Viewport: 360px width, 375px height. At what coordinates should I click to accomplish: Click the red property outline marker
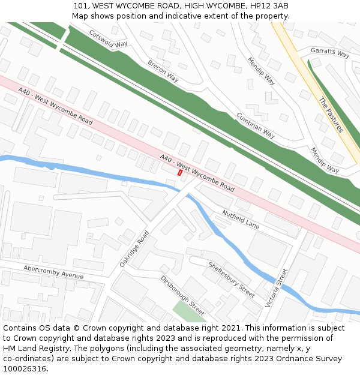(180, 173)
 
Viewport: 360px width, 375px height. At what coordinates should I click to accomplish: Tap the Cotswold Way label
(108, 39)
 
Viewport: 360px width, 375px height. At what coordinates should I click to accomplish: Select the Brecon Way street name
(163, 71)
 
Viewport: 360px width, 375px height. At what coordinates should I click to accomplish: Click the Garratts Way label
(329, 53)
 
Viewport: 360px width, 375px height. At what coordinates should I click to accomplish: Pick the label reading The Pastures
(331, 115)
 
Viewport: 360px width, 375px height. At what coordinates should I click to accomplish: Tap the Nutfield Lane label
(241, 219)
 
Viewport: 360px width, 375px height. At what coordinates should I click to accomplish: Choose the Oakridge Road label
(134, 248)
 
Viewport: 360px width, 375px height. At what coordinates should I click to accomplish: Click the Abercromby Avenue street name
(53, 271)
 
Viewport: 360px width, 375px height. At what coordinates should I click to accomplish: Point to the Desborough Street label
(182, 295)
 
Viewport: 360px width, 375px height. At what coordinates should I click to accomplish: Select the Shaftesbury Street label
(231, 280)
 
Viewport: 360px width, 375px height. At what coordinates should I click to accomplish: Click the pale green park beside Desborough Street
(190, 311)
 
